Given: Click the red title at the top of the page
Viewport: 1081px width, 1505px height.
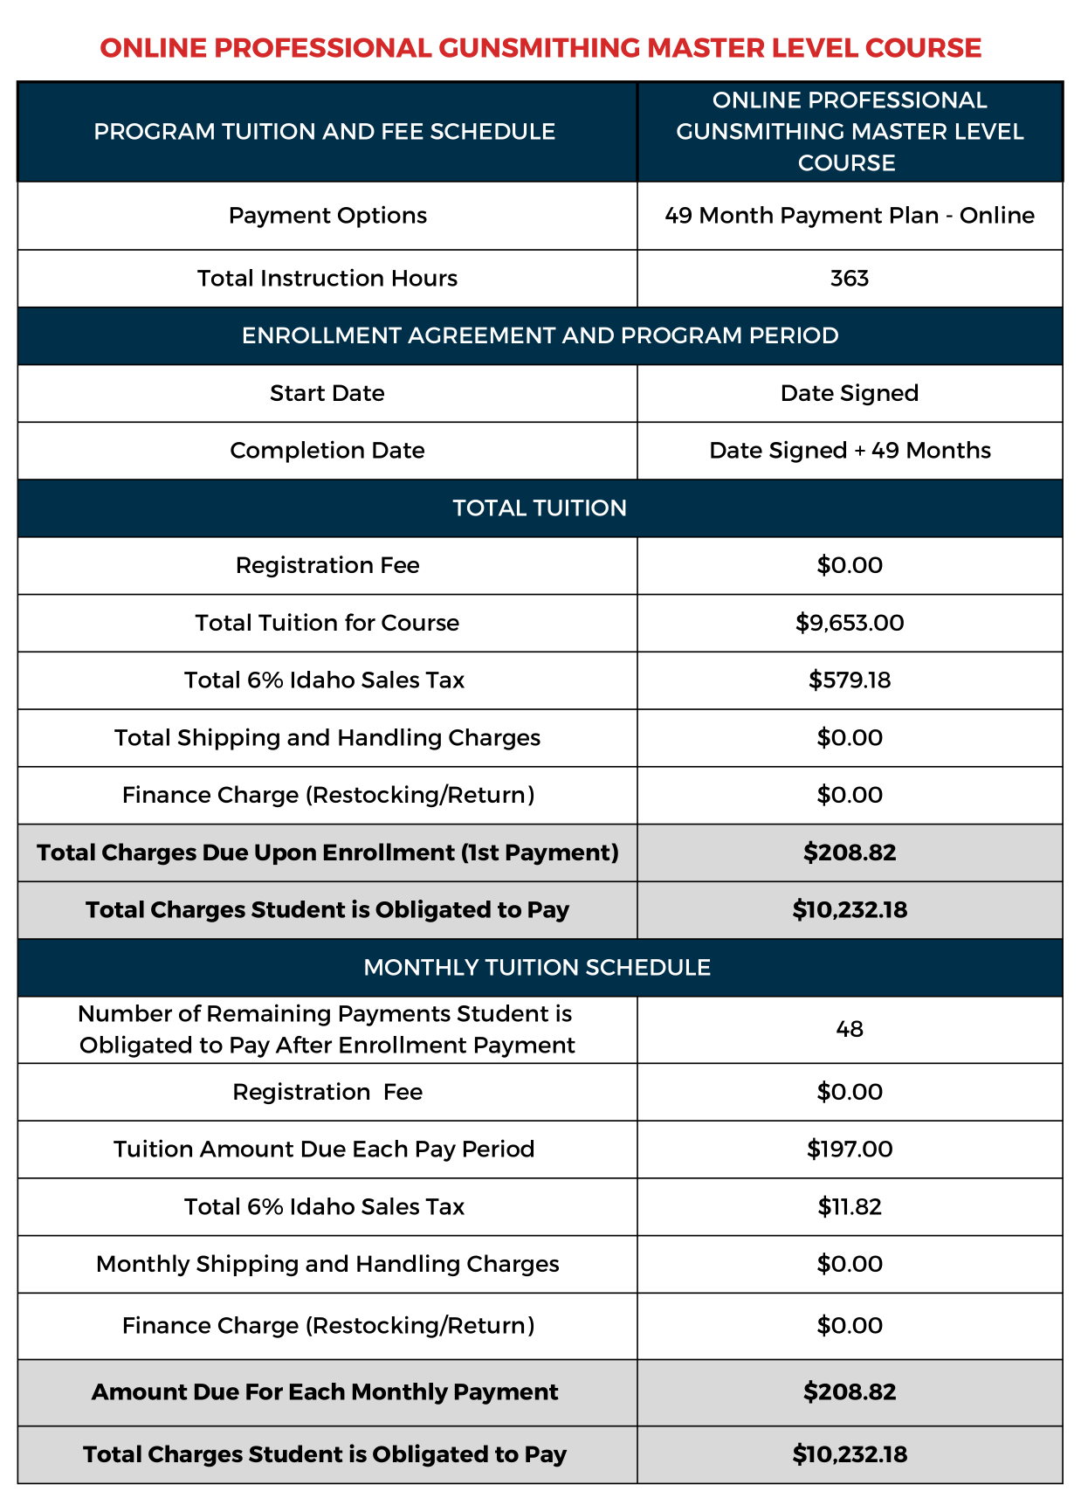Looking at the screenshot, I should [540, 47].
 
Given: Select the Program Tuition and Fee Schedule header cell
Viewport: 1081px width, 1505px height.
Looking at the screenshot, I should [325, 132].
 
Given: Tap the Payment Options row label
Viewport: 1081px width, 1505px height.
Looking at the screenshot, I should [327, 216].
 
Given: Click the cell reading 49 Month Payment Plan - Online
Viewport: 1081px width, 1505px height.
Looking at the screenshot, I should [850, 216].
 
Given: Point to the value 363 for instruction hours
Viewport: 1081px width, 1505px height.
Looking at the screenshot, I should [850, 279].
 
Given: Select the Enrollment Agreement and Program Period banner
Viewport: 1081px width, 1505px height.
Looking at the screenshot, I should [540, 335].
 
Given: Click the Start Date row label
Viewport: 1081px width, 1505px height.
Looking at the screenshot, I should [327, 393].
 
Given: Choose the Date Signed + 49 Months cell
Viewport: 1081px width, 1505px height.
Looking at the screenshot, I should [850, 451].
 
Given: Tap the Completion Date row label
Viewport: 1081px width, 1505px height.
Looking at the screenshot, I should [327, 451].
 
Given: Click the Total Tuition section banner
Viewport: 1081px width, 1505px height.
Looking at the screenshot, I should [540, 508].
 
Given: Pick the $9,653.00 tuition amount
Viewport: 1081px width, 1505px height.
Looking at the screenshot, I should [850, 623].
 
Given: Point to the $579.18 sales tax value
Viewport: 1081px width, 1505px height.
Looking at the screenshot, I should [850, 680].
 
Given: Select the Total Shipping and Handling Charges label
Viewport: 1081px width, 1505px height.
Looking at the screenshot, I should [327, 738].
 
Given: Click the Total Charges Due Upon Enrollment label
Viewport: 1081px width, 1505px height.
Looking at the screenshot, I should [327, 853].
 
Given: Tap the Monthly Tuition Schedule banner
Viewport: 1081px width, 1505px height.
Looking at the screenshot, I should [537, 968].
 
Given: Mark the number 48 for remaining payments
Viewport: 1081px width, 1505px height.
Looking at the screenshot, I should [850, 1029].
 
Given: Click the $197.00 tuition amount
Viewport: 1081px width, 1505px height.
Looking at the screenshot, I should [850, 1149].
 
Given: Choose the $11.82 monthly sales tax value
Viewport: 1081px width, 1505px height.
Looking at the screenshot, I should [850, 1206].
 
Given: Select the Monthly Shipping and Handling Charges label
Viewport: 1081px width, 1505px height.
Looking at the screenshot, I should [327, 1264].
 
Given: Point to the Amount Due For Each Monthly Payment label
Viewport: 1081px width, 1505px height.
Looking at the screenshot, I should [325, 1391].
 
